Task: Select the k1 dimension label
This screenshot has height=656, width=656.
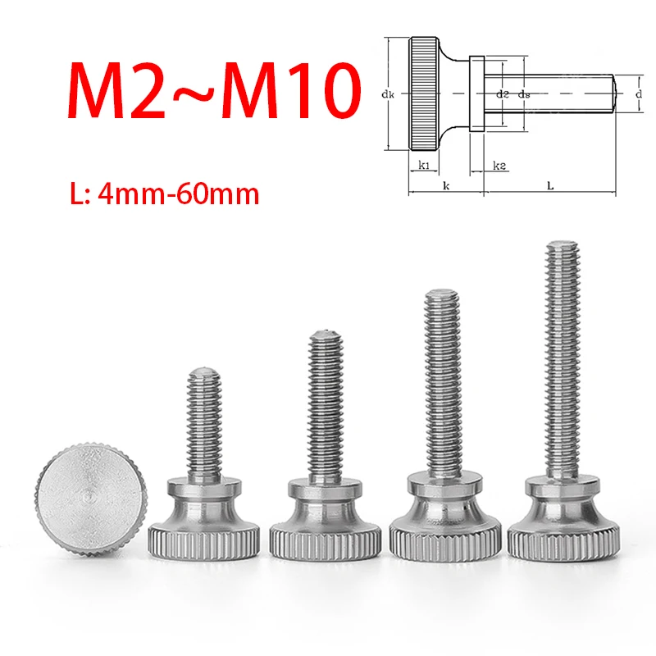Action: point(424,166)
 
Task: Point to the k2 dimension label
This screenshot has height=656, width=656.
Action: point(499,166)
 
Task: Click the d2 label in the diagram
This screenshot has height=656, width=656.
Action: point(503,94)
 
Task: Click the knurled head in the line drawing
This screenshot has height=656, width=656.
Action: point(426,93)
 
